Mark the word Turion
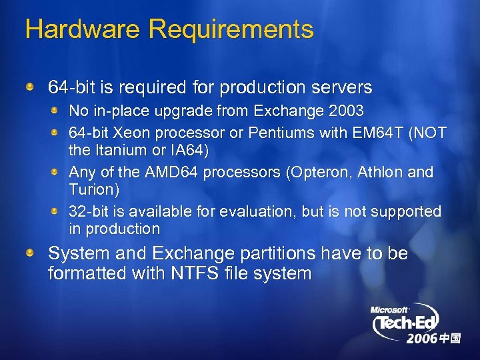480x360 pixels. (92, 190)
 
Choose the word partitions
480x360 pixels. (279, 254)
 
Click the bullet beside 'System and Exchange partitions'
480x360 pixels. (31, 254)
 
